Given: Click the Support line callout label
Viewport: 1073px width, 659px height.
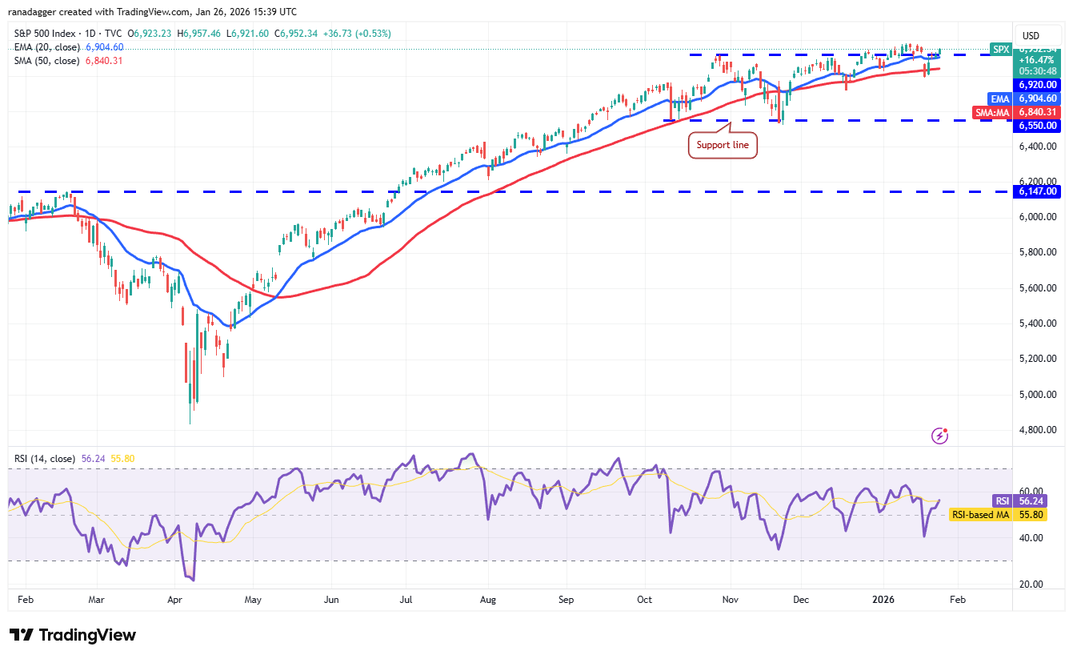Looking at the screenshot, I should coord(723,146).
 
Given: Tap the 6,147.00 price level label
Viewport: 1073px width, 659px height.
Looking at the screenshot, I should coord(1037,191).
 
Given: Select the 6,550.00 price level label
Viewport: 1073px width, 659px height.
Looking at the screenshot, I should coord(1037,126).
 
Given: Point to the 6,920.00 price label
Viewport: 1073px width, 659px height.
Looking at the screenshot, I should coord(1037,84).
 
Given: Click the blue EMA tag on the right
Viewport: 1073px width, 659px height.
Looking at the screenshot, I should coord(1000,98).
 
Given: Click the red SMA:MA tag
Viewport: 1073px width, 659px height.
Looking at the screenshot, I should coord(993,113).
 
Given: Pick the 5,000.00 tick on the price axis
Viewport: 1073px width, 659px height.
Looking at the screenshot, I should coord(1037,394).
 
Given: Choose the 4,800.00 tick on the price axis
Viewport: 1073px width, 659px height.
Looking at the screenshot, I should coord(1037,429).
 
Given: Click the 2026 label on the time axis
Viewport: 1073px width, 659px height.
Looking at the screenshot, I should coord(884,599).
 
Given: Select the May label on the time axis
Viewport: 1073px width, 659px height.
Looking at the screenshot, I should coord(253,599).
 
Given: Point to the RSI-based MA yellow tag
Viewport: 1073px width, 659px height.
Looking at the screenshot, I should coord(979,515).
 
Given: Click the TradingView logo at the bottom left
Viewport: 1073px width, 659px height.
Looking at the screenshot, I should coord(73,635).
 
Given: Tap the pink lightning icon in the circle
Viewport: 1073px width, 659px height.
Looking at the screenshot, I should coord(940,436).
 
